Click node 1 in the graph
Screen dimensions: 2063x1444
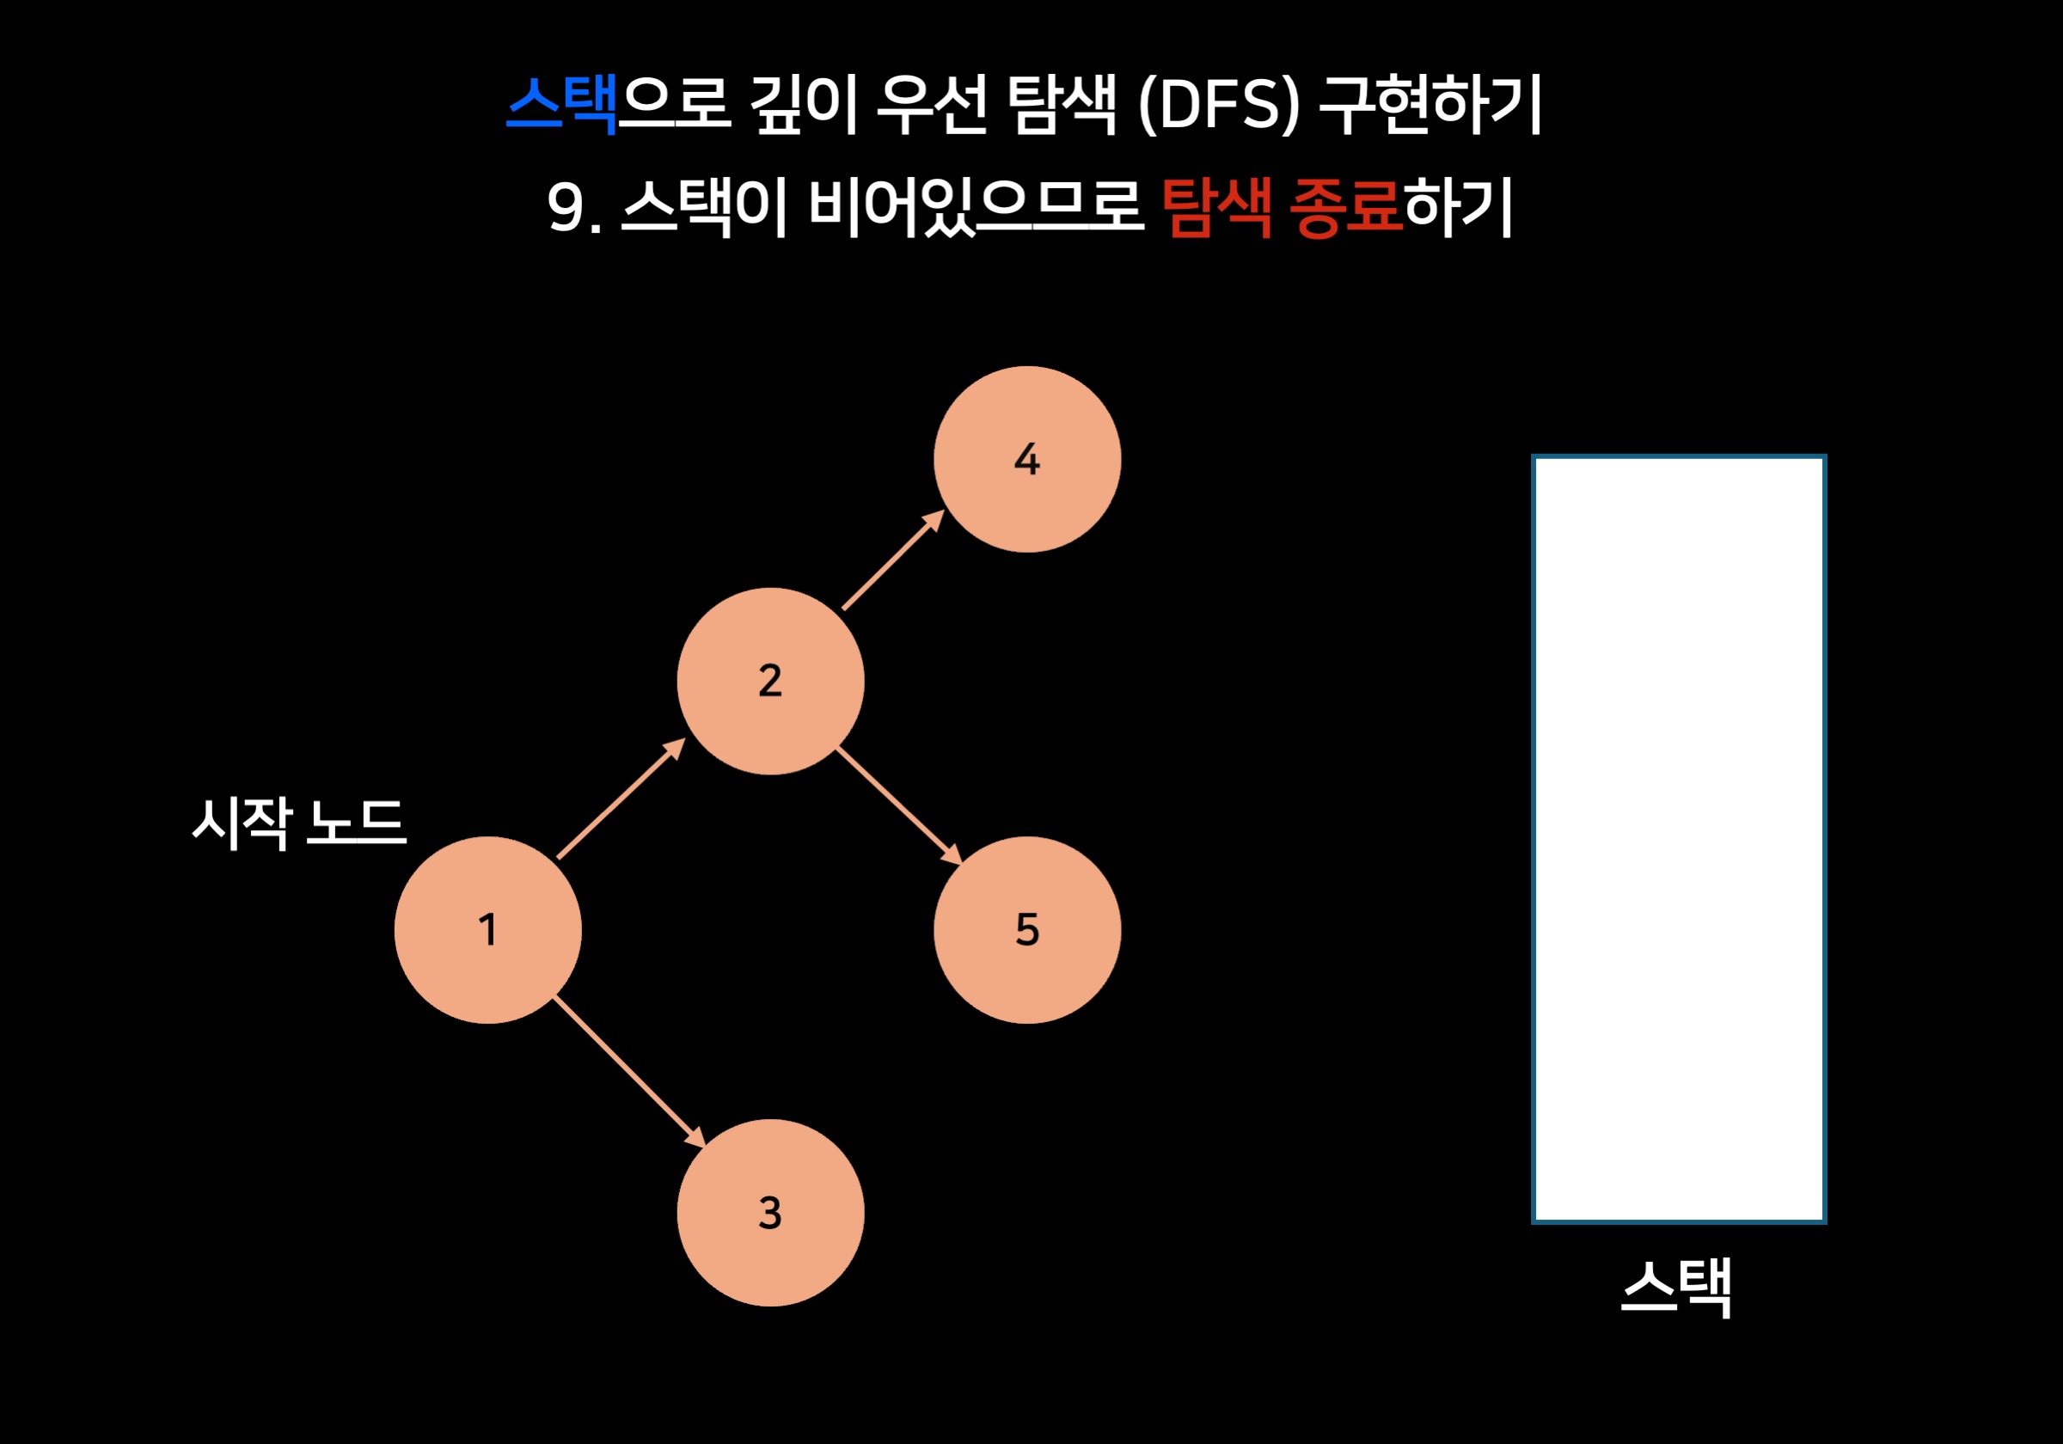(487, 930)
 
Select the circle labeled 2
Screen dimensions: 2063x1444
(770, 680)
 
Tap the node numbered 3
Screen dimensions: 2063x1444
(770, 1212)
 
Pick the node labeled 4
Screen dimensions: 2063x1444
(1027, 459)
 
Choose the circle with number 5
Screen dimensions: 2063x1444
(1027, 930)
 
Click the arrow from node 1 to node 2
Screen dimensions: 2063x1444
(620, 798)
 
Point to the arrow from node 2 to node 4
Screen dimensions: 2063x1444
(892, 560)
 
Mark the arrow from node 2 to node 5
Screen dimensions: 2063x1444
(898, 806)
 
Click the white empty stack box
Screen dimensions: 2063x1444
(1679, 838)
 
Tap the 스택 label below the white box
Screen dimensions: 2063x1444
(1677, 1288)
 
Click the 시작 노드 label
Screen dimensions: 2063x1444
(299, 823)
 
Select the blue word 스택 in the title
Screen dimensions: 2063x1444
(561, 105)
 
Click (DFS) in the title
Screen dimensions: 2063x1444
(1217, 105)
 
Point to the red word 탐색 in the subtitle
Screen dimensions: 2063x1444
(1215, 207)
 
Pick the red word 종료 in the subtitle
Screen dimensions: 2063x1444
(1345, 207)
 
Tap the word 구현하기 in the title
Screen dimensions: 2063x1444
(1430, 105)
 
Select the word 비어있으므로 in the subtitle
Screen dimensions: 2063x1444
(975, 207)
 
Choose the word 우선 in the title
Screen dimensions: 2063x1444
(931, 105)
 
